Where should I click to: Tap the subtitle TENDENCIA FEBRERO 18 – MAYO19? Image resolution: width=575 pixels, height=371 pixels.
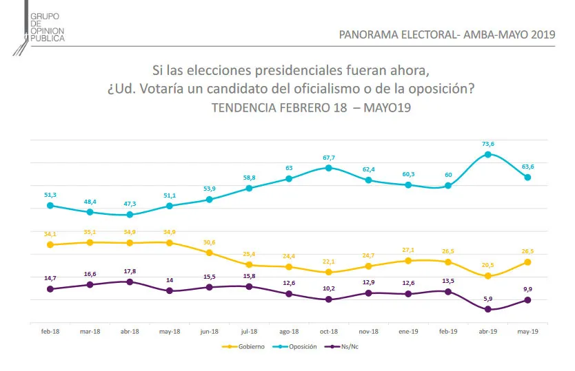tap(311, 109)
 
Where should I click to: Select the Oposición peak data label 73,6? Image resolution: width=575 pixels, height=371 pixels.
tap(487, 143)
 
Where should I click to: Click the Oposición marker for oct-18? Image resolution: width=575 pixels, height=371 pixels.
tap(328, 168)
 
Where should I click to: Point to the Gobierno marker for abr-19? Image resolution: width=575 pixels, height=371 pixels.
tap(487, 276)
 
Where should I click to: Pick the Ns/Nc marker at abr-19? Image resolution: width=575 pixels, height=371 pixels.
tap(487, 309)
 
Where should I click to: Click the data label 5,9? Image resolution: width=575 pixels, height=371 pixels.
tap(487, 298)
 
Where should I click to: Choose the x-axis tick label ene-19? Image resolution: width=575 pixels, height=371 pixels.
tap(408, 332)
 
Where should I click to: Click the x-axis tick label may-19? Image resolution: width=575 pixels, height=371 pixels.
tap(527, 332)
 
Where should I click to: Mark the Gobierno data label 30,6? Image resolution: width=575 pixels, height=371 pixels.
tap(209, 242)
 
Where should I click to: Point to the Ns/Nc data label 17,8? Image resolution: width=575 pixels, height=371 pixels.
tap(129, 271)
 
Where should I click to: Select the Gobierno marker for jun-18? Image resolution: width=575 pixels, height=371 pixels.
tap(209, 253)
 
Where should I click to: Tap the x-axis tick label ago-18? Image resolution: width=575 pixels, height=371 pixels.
tap(288, 332)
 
